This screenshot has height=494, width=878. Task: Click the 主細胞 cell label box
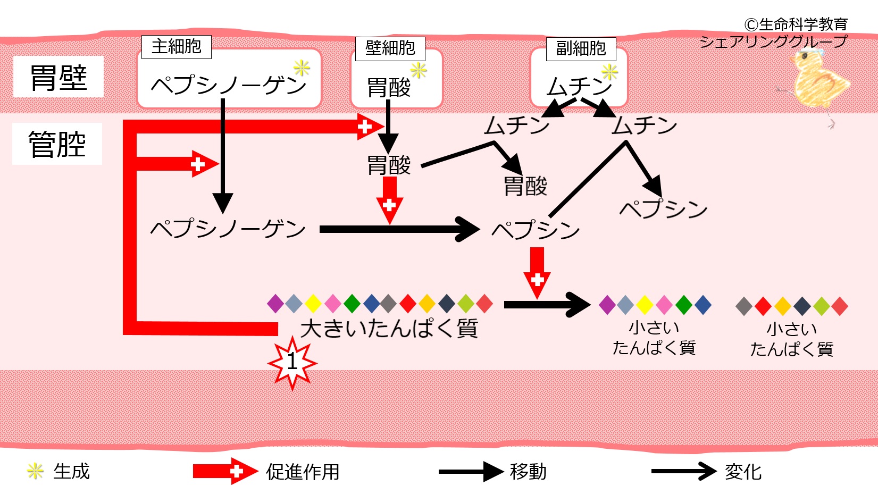177,47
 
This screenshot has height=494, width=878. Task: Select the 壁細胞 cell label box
390,48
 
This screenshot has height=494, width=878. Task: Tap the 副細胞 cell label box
581,49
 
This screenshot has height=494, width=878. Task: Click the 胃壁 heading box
58,77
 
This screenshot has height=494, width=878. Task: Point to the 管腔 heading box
57,144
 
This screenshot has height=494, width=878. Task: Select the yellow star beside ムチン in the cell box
609,72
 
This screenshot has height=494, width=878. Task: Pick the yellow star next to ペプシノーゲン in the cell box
302,68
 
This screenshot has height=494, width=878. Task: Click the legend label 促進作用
303,472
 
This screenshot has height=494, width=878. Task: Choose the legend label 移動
528,471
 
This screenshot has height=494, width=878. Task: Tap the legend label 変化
743,472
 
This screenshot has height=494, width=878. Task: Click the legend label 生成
71,471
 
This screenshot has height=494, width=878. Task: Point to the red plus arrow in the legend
225,471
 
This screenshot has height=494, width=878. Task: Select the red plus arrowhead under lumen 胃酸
390,200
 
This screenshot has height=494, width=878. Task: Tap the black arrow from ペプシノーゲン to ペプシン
400,229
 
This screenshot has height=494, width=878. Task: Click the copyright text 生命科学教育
804,24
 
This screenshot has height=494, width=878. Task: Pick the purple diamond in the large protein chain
275,304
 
